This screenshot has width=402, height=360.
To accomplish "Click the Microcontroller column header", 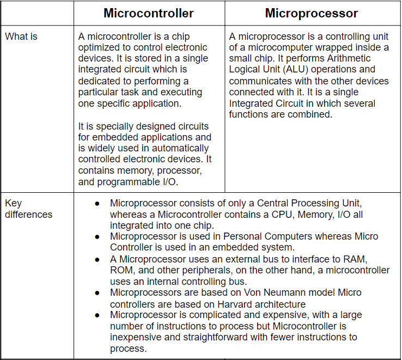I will (149, 13).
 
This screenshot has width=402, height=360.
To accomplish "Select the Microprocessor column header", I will (312, 13).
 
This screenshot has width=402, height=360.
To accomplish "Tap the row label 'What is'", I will (21, 37).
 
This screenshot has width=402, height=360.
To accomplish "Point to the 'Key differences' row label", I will (29, 209).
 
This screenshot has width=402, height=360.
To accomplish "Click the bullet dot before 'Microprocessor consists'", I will (97, 203).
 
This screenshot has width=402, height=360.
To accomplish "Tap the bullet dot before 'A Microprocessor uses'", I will (97, 259).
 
